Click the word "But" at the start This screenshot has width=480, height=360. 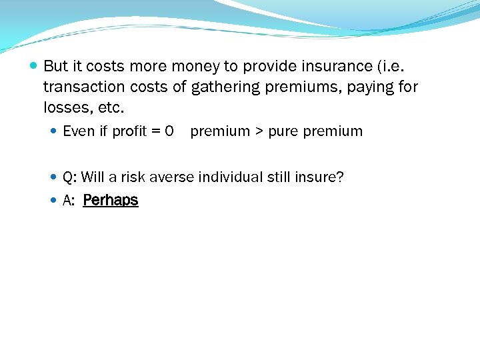point(56,66)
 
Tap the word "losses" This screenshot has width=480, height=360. point(65,107)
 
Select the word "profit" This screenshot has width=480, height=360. point(129,131)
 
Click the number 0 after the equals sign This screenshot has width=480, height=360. point(169,131)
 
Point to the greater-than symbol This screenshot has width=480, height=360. point(255,131)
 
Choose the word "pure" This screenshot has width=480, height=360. point(283,131)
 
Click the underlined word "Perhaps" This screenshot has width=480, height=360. point(111,200)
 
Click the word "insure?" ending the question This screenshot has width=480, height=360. point(319,177)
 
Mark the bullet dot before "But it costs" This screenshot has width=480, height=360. point(34,66)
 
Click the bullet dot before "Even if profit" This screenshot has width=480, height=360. point(55,131)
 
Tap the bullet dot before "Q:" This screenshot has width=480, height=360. point(55,177)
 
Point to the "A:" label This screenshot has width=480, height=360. point(68,200)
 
